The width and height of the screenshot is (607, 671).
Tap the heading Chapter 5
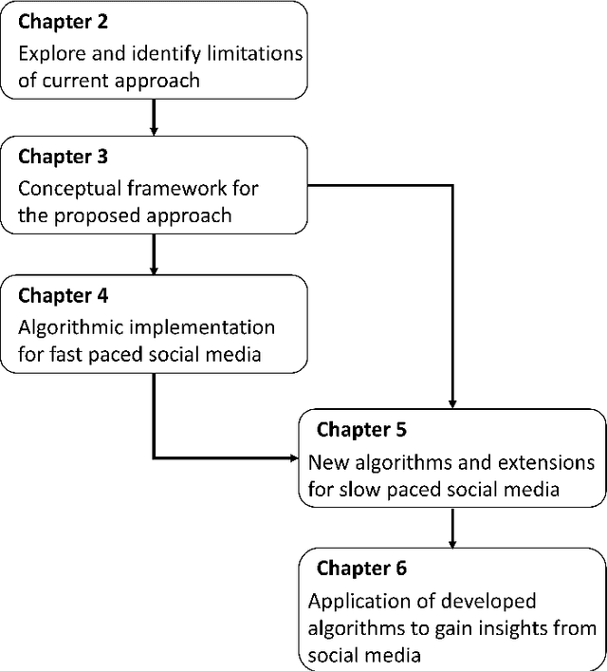tap(361, 430)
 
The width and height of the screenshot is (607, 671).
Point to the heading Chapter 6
tap(361, 568)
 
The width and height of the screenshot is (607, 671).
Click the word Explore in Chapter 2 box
tap(49, 53)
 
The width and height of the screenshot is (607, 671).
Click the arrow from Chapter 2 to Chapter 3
tap(154, 116)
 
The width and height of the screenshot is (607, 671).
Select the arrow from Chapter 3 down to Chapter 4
tap(154, 253)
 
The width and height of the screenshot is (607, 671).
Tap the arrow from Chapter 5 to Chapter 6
tap(453, 528)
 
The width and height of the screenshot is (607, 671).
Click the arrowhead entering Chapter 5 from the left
tap(292, 457)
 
